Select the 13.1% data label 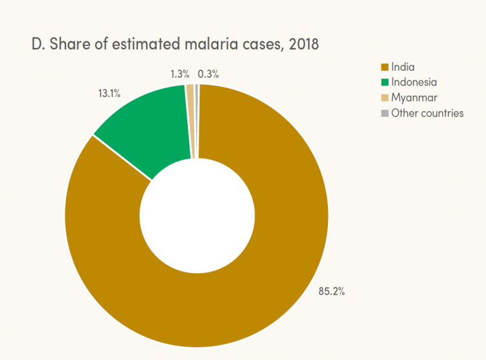tap(109, 93)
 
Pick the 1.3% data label tap(179, 74)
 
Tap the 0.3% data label tap(208, 74)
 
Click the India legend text tap(402, 67)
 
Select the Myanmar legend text tap(412, 98)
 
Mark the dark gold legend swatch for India tap(385, 67)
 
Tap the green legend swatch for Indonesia tap(385, 82)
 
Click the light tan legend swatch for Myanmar tap(385, 98)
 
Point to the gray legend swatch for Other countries tap(385, 113)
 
